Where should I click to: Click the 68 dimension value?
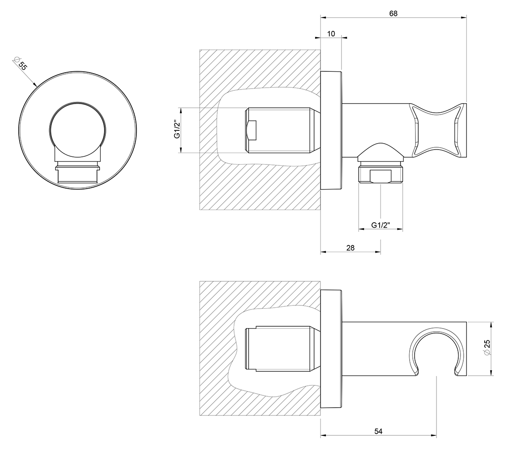pyautogui.click(x=393, y=13)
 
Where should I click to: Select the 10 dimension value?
pyautogui.click(x=331, y=34)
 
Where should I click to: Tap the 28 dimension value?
pyautogui.click(x=350, y=248)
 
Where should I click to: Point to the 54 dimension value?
pyautogui.click(x=378, y=431)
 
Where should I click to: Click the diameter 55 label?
pyautogui.click(x=20, y=64)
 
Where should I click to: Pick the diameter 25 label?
pyautogui.click(x=487, y=349)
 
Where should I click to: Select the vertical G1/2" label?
pyautogui.click(x=177, y=129)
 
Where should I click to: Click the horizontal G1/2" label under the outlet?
pyautogui.click(x=381, y=225)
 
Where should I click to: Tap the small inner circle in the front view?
pyautogui.click(x=77, y=130)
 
